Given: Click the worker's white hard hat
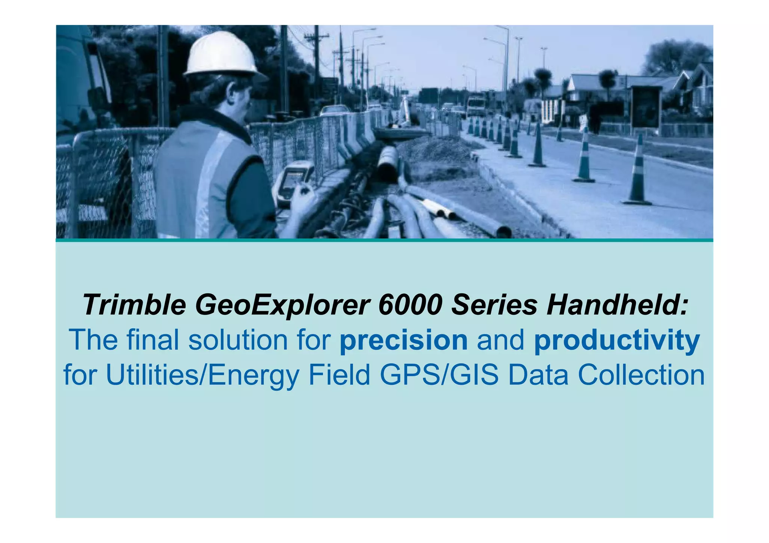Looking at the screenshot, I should click(x=222, y=54).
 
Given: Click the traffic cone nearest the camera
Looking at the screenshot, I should click(x=637, y=173).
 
